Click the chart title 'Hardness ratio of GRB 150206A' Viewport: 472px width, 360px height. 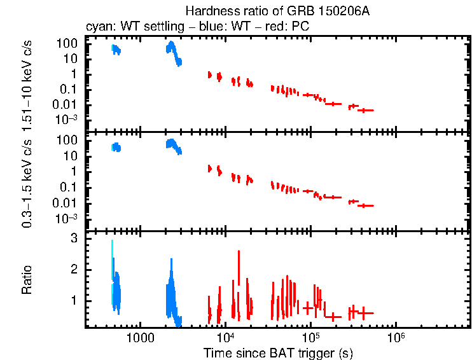coord(277,11)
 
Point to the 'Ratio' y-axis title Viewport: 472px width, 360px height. coord(27,280)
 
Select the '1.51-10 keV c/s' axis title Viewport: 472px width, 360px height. coord(27,82)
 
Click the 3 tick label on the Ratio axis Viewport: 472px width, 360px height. coord(74,238)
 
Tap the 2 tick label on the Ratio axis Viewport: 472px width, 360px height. coord(74,269)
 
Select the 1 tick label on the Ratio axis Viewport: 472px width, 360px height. coord(74,300)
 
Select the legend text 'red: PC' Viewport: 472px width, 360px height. coord(261,27)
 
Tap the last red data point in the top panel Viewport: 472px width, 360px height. coord(364,110)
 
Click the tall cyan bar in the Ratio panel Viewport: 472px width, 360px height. coord(112,267)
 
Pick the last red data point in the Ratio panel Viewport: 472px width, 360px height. coord(364,312)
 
